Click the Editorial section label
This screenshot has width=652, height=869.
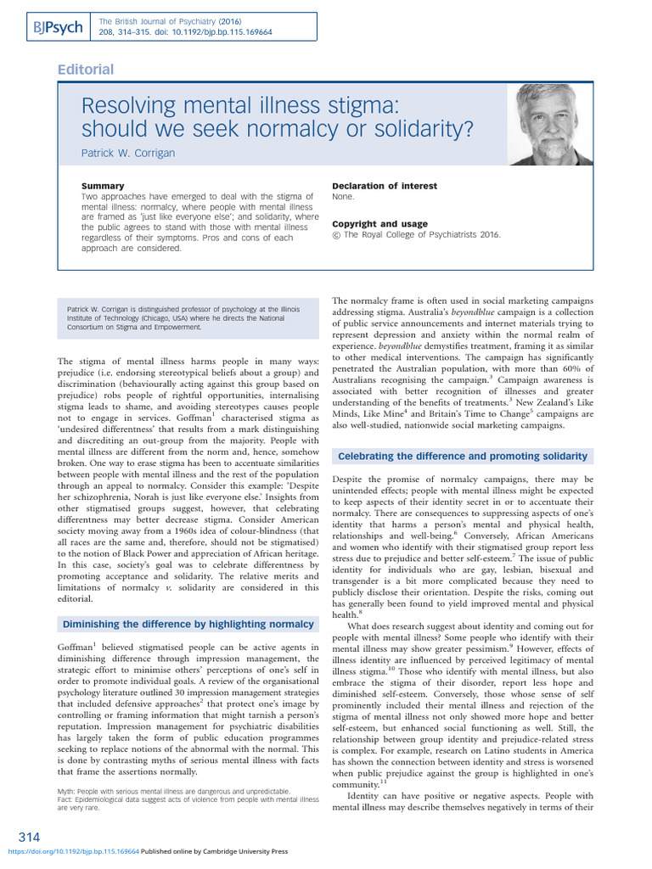click(85, 70)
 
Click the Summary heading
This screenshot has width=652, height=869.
click(102, 186)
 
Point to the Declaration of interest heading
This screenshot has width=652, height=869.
click(385, 186)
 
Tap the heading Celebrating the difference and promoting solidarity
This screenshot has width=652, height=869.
click(463, 457)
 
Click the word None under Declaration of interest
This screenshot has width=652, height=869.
click(343, 196)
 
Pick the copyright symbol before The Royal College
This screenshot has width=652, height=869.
click(336, 235)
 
